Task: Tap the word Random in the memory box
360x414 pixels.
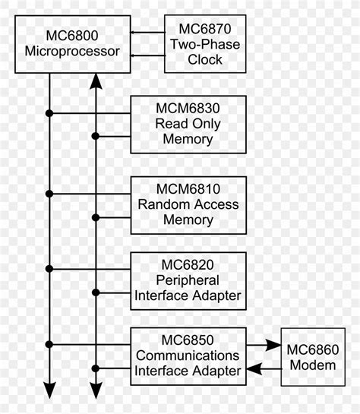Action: [x=163, y=204]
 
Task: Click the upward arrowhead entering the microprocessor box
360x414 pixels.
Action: [x=96, y=78]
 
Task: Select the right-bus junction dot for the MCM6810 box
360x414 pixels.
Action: [x=96, y=217]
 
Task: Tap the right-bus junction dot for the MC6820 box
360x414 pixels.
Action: [x=96, y=292]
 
